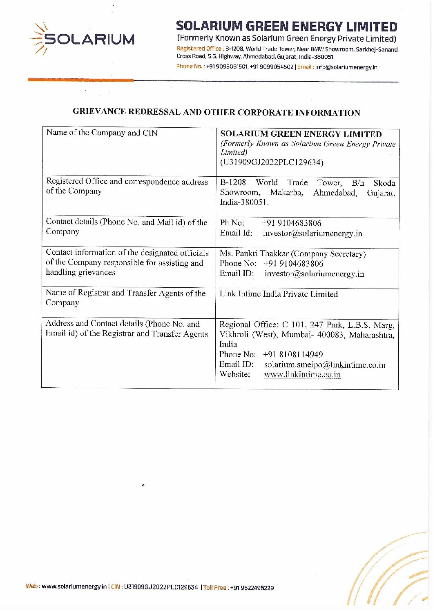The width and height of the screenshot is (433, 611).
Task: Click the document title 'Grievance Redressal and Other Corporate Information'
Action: tap(216, 112)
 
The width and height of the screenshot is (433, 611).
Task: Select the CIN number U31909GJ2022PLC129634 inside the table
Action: tap(272, 162)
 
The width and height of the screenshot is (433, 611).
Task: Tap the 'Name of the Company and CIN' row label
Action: tap(102, 133)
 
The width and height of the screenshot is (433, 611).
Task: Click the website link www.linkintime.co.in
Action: tap(302, 374)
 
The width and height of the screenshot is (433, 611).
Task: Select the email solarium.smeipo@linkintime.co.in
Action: tap(324, 364)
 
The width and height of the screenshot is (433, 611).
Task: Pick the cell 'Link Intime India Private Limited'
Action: tap(279, 294)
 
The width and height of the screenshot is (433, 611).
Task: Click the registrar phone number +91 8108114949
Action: tap(293, 354)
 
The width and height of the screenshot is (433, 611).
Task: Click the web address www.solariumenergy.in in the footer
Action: tap(74, 587)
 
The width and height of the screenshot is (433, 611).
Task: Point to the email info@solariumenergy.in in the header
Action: tap(346, 67)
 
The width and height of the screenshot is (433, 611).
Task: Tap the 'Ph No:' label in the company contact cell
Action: tap(232, 223)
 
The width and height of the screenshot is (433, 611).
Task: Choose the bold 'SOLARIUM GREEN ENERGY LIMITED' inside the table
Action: tap(301, 134)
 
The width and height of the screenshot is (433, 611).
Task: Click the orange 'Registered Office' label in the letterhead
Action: tap(199, 49)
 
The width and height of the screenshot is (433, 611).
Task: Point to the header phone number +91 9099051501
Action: tap(227, 67)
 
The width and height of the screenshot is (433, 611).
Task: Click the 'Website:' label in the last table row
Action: tap(234, 374)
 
